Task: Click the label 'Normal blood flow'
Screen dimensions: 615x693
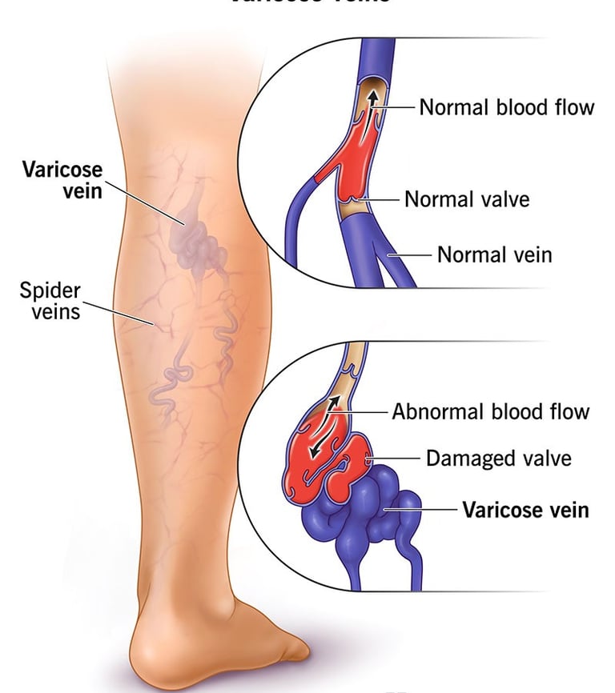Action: tap(507, 107)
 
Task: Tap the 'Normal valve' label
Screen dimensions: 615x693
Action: tap(467, 198)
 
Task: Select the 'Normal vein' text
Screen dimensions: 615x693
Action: tap(495, 255)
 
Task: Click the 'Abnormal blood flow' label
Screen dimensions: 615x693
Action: tap(490, 412)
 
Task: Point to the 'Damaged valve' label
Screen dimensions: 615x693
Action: tap(498, 459)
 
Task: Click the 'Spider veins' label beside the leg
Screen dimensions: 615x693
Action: tap(50, 300)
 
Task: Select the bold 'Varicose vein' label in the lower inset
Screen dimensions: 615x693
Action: tap(525, 510)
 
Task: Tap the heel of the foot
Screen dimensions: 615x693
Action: tap(152, 648)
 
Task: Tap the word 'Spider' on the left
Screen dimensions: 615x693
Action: tap(50, 290)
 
